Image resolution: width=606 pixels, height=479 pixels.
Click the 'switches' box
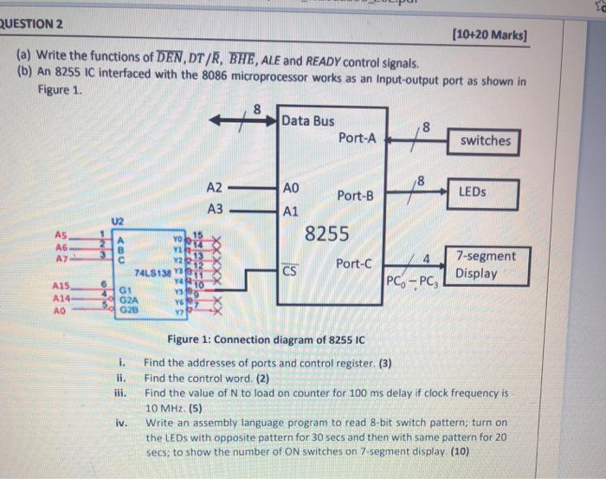(486, 140)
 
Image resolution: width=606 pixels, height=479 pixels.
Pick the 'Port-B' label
(356, 197)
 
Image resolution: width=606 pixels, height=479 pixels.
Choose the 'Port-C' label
(354, 263)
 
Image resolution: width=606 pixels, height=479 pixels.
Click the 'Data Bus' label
(307, 120)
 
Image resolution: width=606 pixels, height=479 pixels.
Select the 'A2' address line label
(215, 188)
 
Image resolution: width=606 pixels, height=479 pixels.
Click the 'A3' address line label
(215, 209)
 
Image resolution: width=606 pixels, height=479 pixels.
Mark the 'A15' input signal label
(61, 284)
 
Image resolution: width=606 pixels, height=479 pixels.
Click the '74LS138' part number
(154, 271)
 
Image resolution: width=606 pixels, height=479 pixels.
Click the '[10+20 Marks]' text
(489, 36)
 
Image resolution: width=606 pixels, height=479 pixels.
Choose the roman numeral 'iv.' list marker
(122, 423)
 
